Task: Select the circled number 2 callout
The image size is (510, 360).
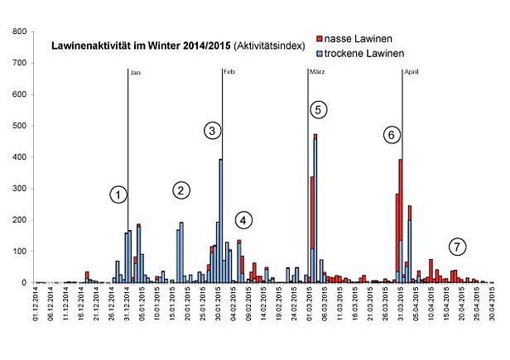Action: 182,190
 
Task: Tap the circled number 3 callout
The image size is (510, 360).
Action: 213,131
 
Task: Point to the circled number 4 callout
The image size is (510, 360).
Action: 243,220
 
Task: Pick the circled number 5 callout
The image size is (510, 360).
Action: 320,109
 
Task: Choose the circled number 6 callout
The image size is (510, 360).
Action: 392,135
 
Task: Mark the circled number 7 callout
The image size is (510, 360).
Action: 457,246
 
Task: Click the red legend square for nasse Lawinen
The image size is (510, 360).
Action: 320,39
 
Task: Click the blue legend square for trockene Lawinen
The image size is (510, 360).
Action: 320,52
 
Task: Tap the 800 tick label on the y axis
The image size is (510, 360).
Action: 19,31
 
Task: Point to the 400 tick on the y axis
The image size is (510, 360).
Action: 19,157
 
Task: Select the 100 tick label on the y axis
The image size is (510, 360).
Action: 19,252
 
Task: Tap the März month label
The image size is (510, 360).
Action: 316,73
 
